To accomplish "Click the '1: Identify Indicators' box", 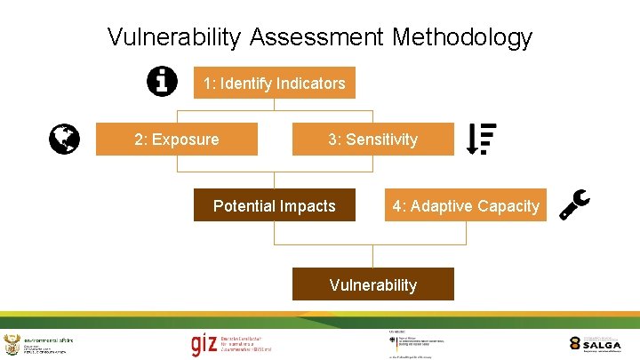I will pos(274,84).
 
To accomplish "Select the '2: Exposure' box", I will pos(176,140).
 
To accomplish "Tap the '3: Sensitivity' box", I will pos(372,140).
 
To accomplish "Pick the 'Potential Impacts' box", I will pos(274,206).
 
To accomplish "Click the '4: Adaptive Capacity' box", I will pos(466,206).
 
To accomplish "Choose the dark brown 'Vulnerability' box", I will pos(372,285).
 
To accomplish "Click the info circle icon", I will pos(161,81).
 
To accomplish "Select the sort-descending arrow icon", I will pos(481,139).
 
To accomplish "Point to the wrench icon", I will pos(573,204).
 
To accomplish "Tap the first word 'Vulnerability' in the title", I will pos(174,37).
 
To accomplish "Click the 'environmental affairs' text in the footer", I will pos(48,340).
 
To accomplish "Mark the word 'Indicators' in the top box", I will pos(310,84).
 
